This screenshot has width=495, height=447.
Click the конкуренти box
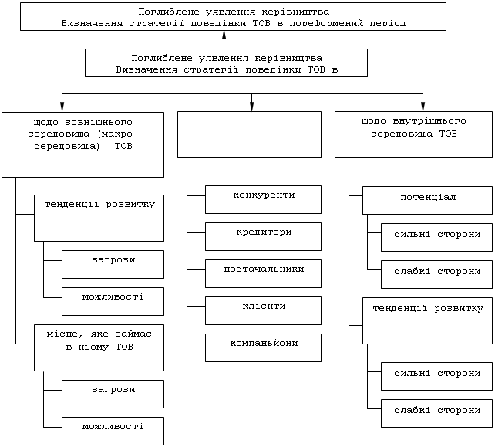263,199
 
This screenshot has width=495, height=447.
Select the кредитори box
263,236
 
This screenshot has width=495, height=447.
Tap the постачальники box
263,273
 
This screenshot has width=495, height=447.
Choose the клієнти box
263,310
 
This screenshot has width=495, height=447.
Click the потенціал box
427,200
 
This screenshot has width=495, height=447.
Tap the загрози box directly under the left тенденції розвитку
113,263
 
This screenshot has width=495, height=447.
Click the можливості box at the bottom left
113,429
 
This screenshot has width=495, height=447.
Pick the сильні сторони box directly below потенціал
436,237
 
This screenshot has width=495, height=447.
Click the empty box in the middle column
248,134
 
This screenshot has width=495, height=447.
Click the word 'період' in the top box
389,23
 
